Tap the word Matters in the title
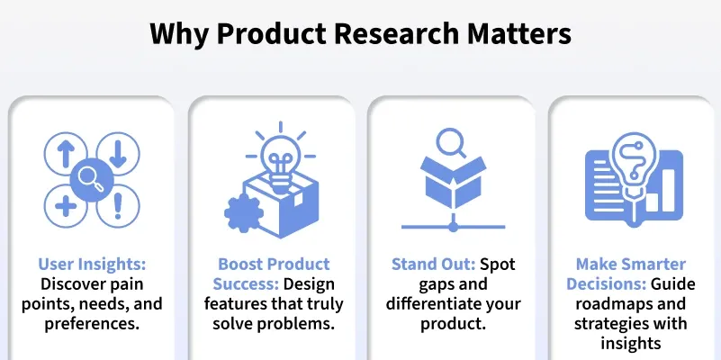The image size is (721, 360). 519,33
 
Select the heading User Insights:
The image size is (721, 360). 92,265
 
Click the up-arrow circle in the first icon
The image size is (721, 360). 66,154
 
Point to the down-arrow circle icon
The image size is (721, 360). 118,154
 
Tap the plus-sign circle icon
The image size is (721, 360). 66,206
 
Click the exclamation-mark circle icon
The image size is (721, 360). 118,206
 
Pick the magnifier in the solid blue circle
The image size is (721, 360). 92,180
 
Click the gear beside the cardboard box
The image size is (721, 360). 244,213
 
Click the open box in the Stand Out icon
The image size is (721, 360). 454,183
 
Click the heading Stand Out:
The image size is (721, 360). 434,265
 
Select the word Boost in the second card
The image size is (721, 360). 240,265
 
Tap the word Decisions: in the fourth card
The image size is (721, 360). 606,284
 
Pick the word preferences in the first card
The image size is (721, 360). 92,324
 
